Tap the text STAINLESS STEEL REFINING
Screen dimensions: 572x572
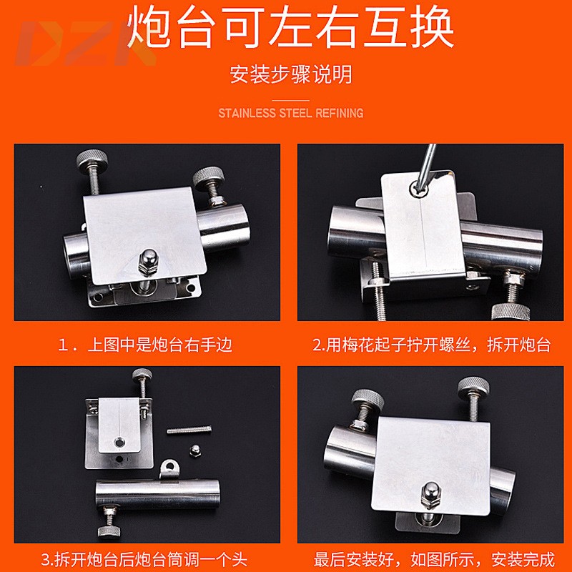(x=290, y=113)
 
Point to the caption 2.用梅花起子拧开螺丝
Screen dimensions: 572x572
(x=432, y=345)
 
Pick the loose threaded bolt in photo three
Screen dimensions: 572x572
(x=190, y=430)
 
